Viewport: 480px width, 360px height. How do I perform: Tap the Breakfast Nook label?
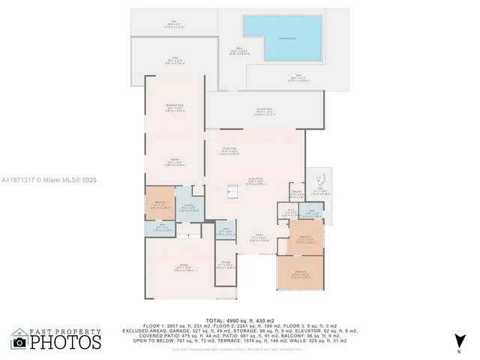(174, 107)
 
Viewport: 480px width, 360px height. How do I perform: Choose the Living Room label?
(255, 181)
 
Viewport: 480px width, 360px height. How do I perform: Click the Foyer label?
(255, 239)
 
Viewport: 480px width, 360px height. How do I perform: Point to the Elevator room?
(297, 193)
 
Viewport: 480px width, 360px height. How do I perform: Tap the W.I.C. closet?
(290, 212)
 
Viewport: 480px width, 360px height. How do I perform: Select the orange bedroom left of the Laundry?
(160, 204)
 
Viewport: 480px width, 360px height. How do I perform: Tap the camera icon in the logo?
(19, 342)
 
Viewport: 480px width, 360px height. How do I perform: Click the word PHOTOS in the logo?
(65, 343)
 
